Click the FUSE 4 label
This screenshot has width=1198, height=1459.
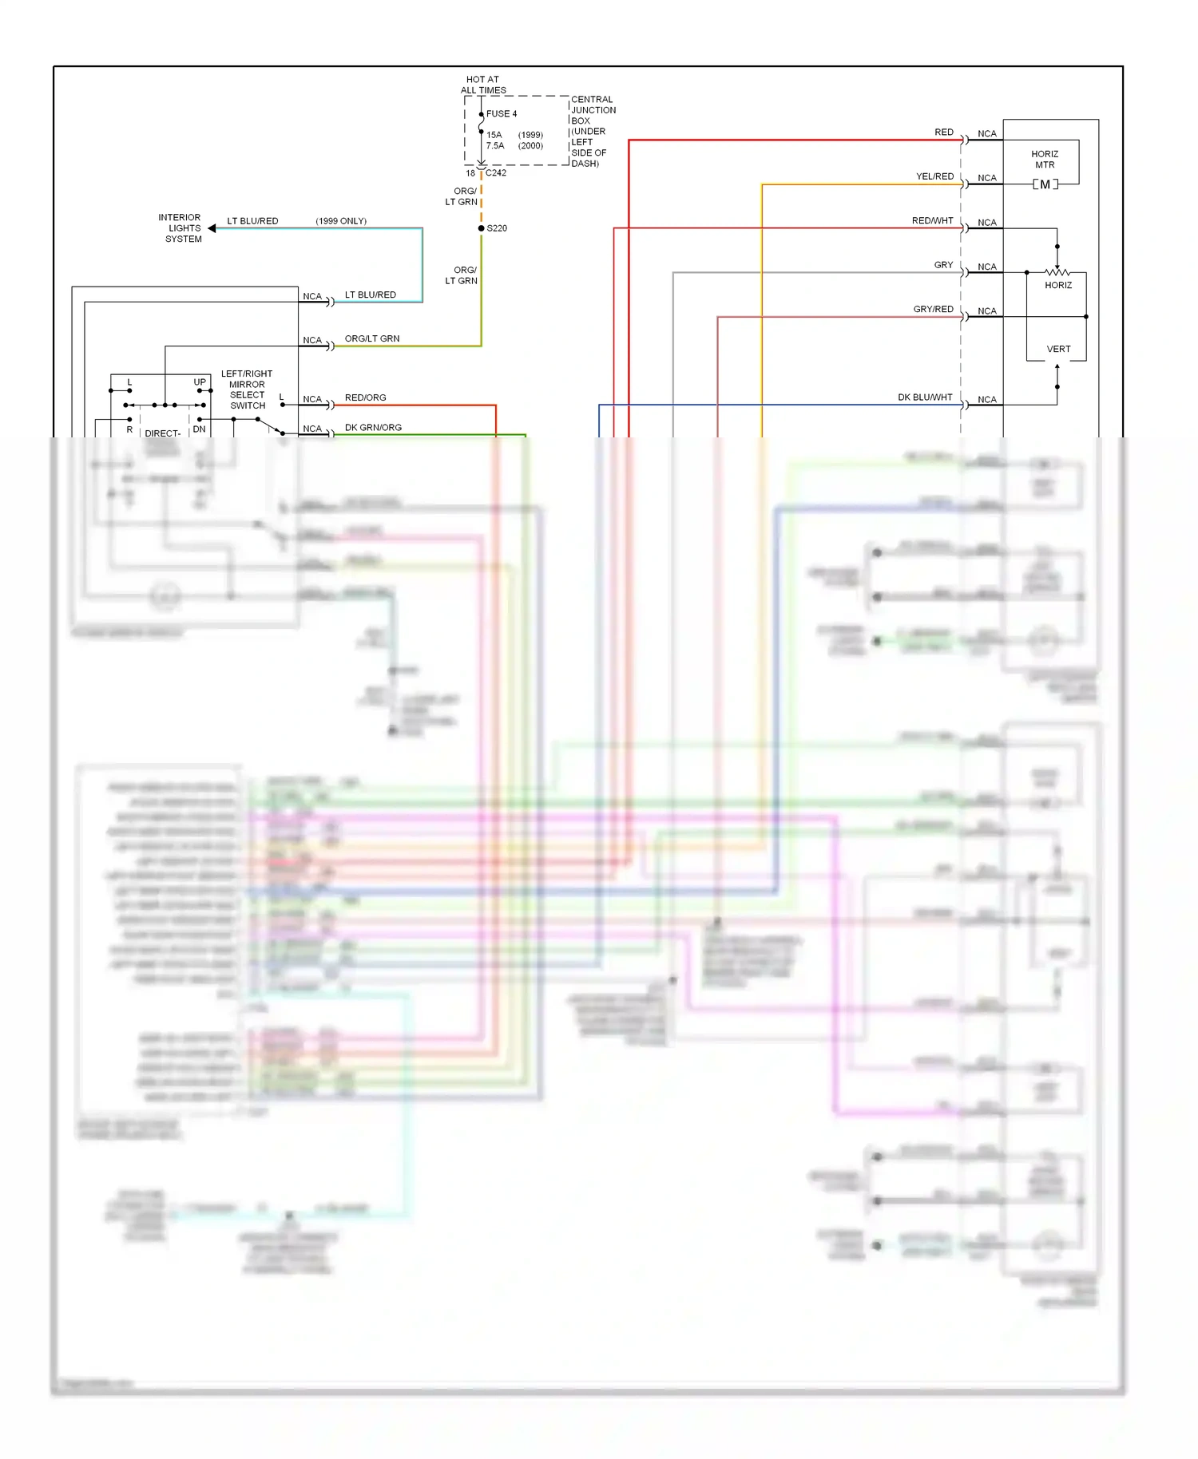[502, 114]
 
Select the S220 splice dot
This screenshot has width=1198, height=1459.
[482, 228]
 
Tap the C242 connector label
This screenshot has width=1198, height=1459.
[496, 173]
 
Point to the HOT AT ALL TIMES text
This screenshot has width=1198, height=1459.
[483, 85]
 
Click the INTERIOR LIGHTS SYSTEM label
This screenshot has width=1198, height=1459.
[181, 228]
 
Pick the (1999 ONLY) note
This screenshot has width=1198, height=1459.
[341, 221]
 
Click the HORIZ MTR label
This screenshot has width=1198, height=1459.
[1045, 160]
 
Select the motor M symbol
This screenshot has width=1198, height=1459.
[1045, 184]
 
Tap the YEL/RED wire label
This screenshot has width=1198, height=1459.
[934, 176]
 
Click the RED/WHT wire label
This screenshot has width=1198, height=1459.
[932, 221]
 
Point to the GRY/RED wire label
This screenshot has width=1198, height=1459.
[933, 310]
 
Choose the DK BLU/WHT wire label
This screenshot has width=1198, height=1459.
[925, 397]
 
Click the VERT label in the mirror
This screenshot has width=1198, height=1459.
[1058, 350]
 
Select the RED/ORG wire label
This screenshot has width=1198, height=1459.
[365, 398]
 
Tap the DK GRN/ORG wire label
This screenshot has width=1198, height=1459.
[373, 428]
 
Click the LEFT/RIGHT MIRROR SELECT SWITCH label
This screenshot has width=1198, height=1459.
[247, 389]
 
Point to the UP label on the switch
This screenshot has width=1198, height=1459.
[200, 382]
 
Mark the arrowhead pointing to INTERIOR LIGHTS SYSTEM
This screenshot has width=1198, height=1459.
[212, 228]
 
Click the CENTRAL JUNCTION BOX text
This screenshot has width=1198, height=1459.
[593, 110]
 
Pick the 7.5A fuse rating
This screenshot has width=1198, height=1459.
[495, 146]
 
